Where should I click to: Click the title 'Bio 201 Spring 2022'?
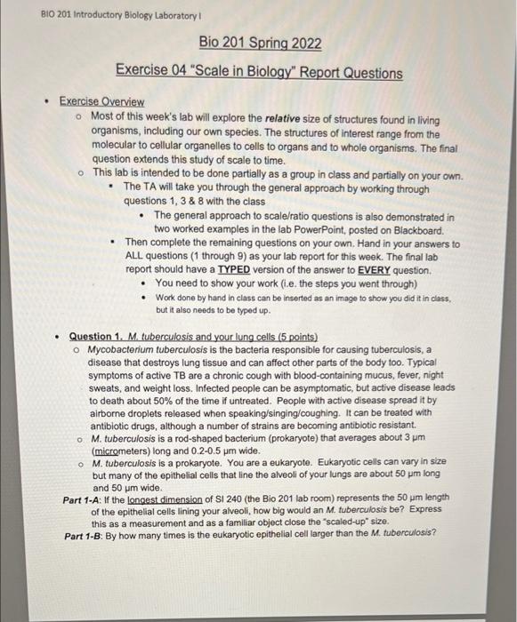pyautogui.click(x=260, y=43)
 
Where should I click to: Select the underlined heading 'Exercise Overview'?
pyautogui.click(x=101, y=102)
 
